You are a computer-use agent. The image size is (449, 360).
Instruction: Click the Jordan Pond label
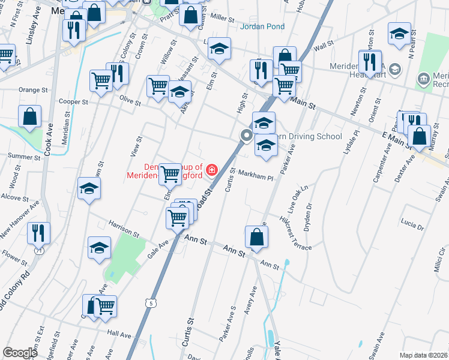pos(262,27)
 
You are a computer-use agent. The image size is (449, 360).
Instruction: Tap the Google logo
pos(20,353)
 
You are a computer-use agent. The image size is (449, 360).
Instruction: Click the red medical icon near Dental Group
pos(211,170)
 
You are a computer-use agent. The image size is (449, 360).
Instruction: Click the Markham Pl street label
pos(256,178)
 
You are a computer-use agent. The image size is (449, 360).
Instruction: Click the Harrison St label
pos(124,227)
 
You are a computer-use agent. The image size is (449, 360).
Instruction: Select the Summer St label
pos(20,156)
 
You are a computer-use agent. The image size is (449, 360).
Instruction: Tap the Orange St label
pos(33,90)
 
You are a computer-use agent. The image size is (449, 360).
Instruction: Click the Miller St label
pos(222,19)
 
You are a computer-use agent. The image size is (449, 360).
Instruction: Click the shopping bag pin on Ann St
pos(256,237)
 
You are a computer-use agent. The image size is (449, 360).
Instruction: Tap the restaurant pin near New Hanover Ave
pos(38,233)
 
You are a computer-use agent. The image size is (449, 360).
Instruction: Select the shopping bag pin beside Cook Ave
pos(29,116)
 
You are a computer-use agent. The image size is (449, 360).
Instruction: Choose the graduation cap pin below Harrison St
pos(99,247)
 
